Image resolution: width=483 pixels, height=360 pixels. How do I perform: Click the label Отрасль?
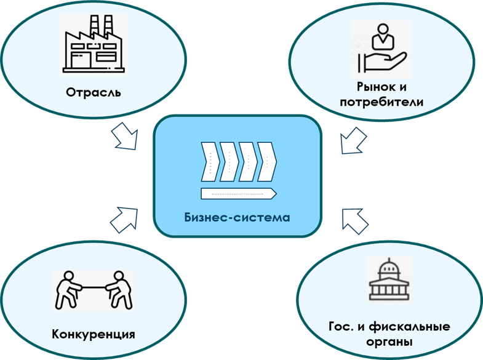coord(94,94)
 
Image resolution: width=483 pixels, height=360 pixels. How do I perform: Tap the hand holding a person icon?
coord(381,49)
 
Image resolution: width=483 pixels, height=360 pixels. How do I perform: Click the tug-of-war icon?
coord(93,289)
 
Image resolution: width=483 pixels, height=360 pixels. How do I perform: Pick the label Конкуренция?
coord(94,335)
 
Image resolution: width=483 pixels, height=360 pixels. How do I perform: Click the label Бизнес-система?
coord(237,217)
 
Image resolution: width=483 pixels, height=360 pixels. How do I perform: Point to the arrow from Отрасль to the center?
coord(127,135)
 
